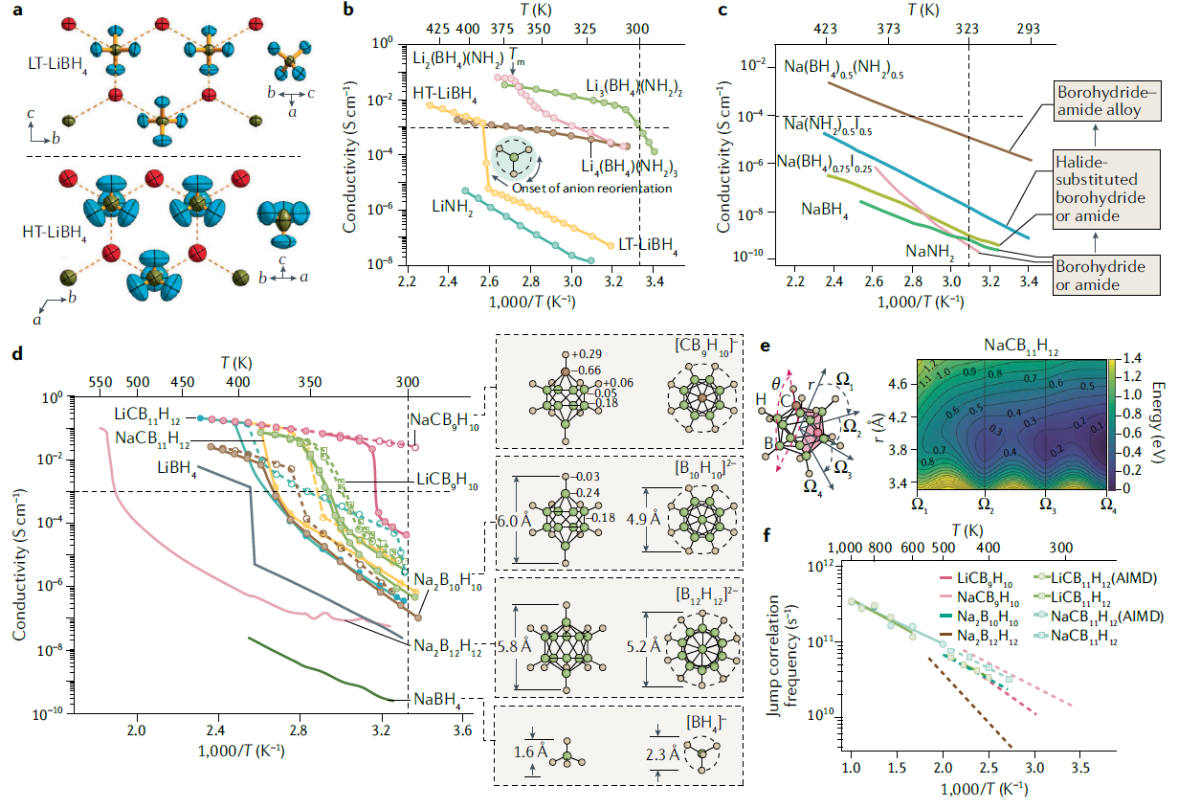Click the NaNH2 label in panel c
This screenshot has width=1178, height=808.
pos(929,253)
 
